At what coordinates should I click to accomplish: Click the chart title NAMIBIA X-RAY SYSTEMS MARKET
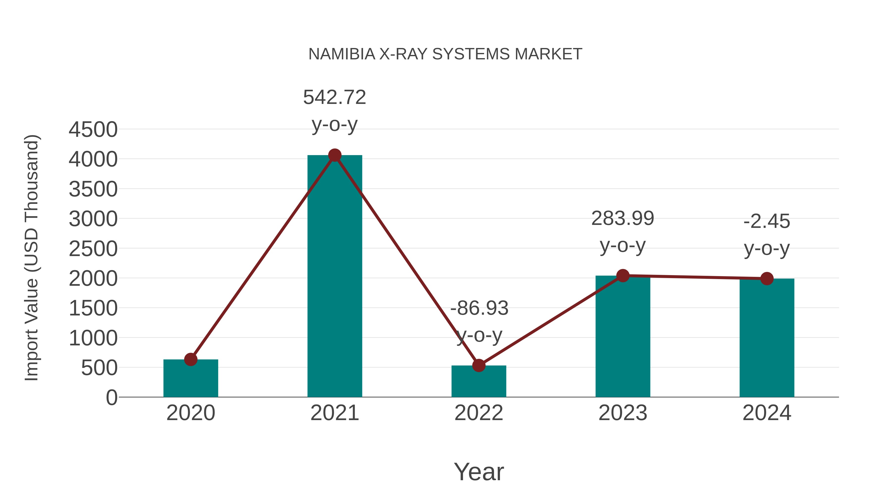pos(445,54)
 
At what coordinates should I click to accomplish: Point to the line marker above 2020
pos(191,359)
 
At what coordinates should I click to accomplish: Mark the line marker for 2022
pos(479,365)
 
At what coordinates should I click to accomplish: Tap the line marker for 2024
pos(767,278)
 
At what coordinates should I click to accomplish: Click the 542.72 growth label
pos(334,97)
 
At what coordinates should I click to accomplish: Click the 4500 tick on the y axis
pos(93,130)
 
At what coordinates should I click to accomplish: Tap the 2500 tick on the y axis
pos(93,249)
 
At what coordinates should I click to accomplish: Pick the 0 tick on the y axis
pos(111,398)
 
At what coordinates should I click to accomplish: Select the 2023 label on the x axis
pos(623,413)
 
